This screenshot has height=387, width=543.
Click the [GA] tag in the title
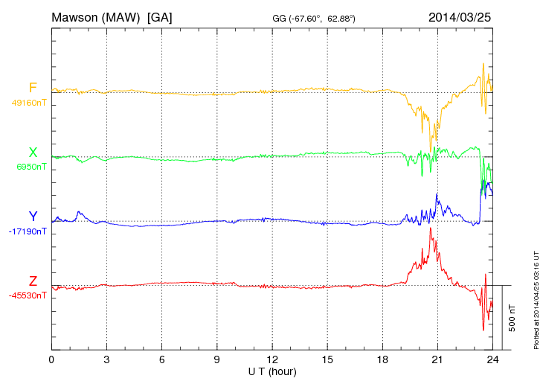pyautogui.click(x=160, y=16)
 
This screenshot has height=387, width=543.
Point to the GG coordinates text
pyautogui.click(x=315, y=19)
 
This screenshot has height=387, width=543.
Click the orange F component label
pyautogui.click(x=33, y=88)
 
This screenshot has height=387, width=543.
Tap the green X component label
pyautogui.click(x=33, y=153)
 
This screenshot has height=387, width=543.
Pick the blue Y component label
pyautogui.click(x=33, y=217)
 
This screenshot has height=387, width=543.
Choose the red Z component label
pyautogui.click(x=33, y=281)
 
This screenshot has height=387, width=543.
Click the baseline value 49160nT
pyautogui.click(x=29, y=103)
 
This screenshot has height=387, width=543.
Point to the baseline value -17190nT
pyautogui.click(x=29, y=231)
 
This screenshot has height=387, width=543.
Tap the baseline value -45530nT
pyautogui.click(x=29, y=295)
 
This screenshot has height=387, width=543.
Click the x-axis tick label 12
pyautogui.click(x=272, y=359)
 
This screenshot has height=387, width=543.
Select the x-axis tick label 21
pyautogui.click(x=437, y=359)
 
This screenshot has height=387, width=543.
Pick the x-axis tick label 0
pyautogui.click(x=51, y=359)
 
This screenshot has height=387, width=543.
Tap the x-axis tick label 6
pyautogui.click(x=161, y=359)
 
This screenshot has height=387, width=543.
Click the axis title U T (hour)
pyautogui.click(x=272, y=371)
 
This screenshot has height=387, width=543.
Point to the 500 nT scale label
pyautogui.click(x=512, y=318)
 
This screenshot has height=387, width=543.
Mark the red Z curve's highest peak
pyautogui.click(x=431, y=227)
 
